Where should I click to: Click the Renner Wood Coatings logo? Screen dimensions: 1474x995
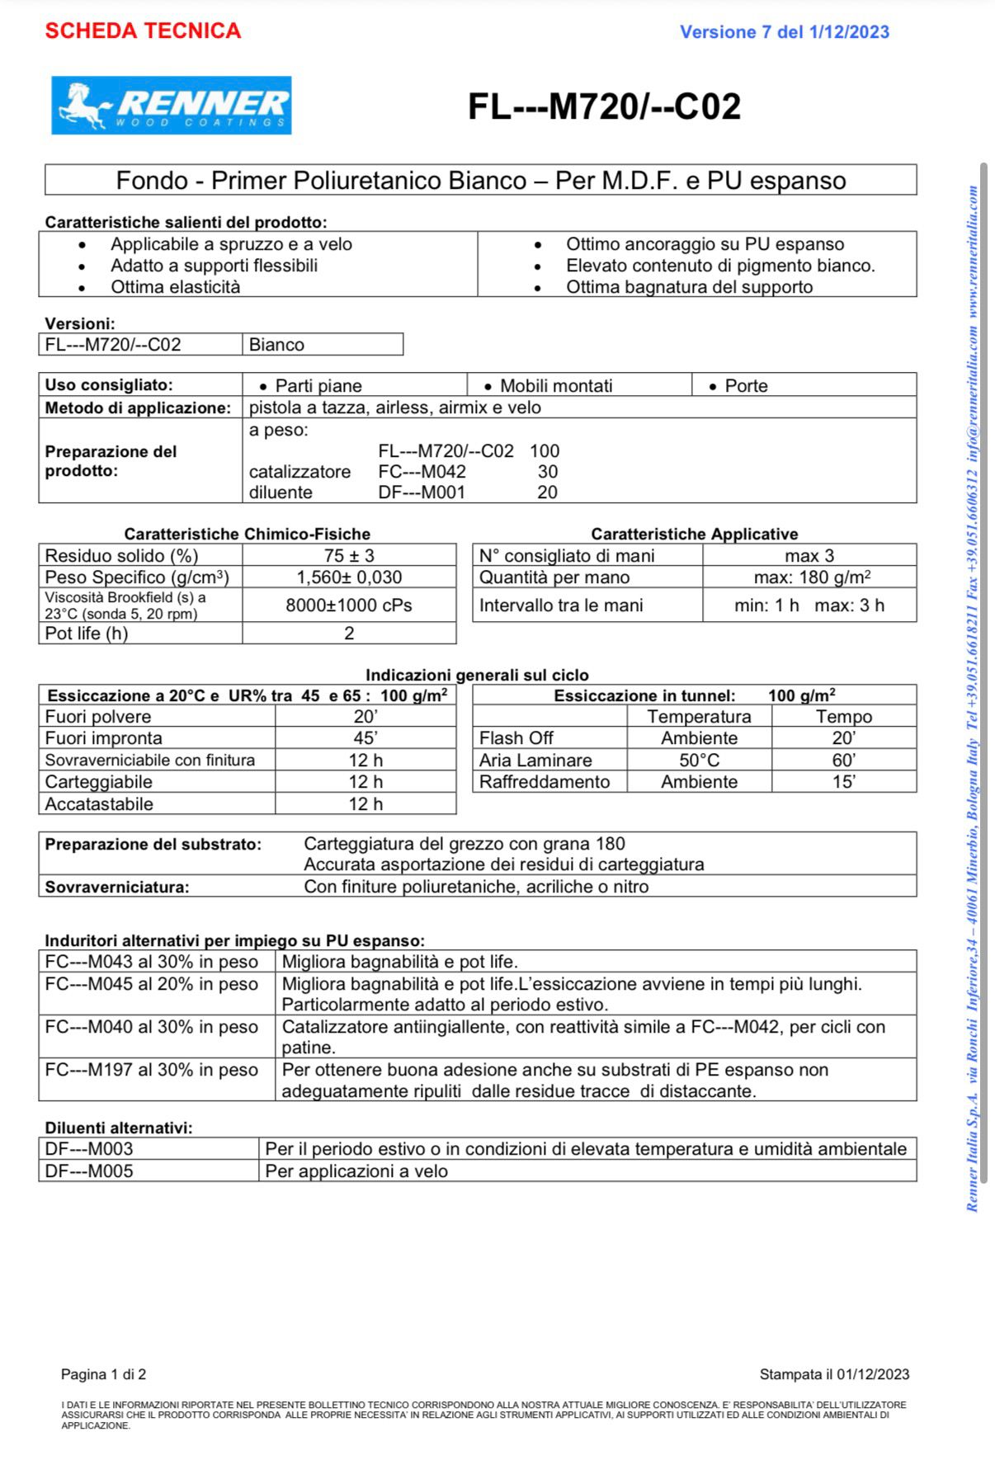coord(172,106)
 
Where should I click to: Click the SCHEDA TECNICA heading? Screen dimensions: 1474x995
coord(143,31)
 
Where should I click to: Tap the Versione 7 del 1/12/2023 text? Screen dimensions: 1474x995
coord(784,32)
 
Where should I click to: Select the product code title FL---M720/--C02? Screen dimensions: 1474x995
coord(604,106)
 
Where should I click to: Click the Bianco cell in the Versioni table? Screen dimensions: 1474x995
coord(277,345)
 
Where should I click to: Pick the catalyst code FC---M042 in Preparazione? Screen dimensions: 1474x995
coord(422,472)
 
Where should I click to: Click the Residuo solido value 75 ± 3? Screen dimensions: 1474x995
coord(349,556)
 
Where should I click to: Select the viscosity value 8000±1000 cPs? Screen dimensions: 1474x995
coord(349,605)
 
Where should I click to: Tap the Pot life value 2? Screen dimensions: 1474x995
coord(349,633)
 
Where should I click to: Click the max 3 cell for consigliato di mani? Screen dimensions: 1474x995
coord(809,556)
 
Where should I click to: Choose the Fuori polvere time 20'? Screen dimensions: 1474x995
coord(365,717)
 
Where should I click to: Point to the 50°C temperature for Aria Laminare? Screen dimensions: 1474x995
coord(699,761)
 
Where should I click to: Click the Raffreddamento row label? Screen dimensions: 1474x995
coord(545,782)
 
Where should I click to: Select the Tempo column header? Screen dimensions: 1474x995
coord(843,717)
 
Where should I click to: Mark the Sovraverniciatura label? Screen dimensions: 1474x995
coord(117,888)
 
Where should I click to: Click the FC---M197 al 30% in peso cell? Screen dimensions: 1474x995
coord(152,1071)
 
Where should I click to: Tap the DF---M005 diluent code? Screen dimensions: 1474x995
coord(89,1171)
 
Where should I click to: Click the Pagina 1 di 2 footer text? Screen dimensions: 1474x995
coord(103,1374)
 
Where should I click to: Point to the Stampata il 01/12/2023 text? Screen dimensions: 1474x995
coord(834,1374)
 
